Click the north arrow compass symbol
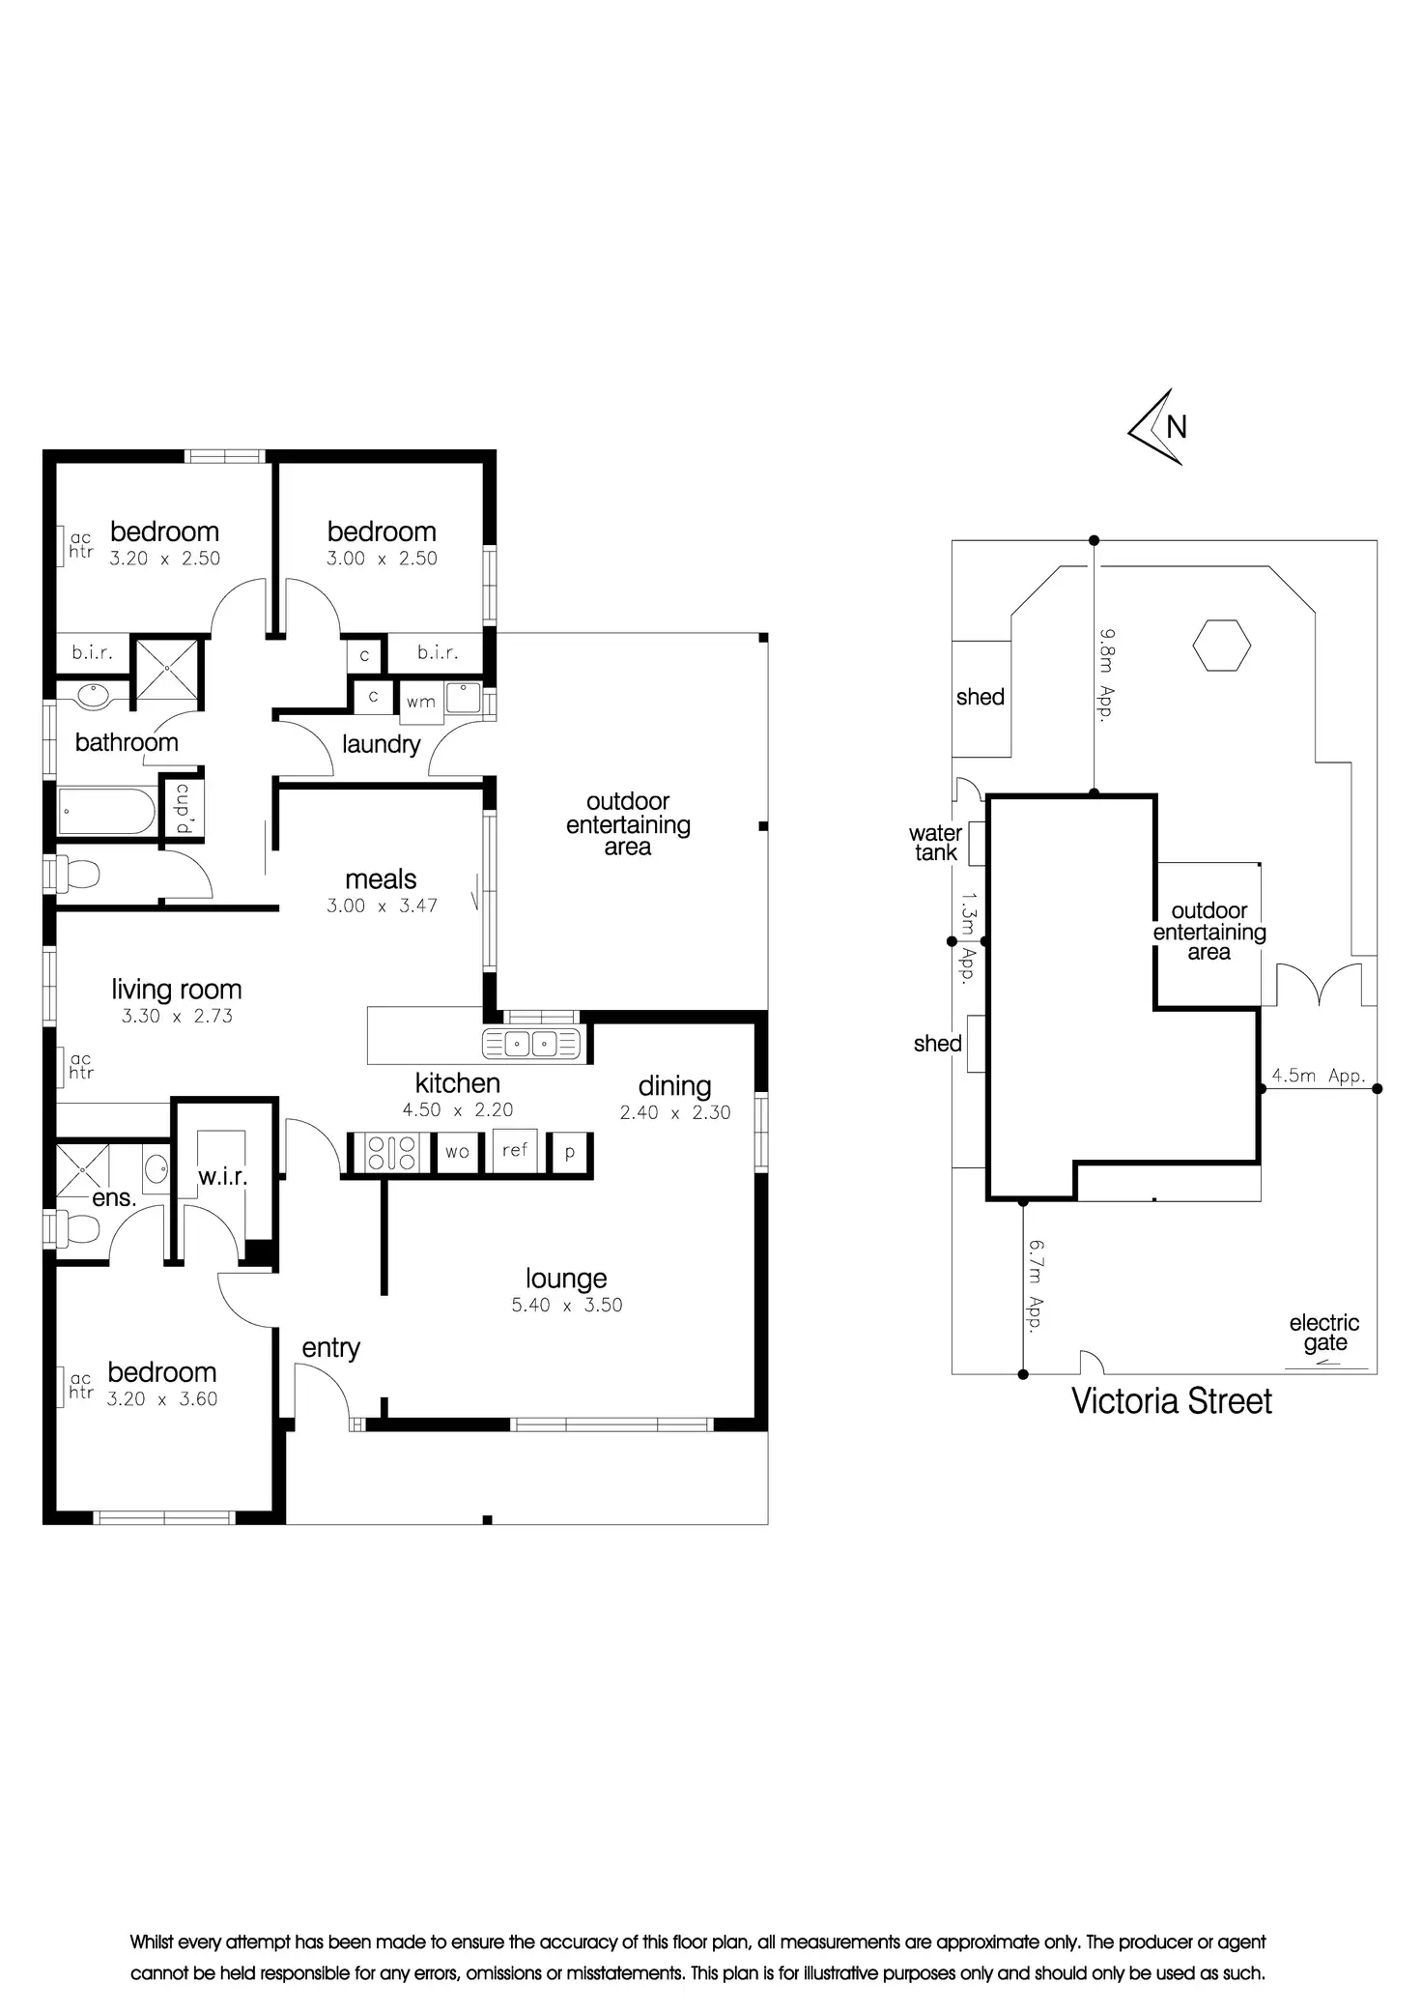tap(1157, 427)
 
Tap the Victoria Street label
tap(1171, 1401)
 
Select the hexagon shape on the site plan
tap(1221, 646)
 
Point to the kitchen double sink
tap(530, 1044)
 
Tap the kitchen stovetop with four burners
tap(391, 1152)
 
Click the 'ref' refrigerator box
tap(515, 1150)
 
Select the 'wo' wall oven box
tap(457, 1152)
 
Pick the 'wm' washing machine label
tap(420, 703)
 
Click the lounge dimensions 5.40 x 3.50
tap(567, 1305)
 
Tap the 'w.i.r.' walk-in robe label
tap(223, 1177)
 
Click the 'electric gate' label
tap(1323, 1333)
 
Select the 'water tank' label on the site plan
tap(935, 843)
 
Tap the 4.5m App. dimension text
tap(1318, 1076)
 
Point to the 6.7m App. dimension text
tap(1036, 1287)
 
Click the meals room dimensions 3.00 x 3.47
tap(382, 906)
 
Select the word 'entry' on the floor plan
tap(330, 1348)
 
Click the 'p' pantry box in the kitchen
tap(570, 1152)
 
